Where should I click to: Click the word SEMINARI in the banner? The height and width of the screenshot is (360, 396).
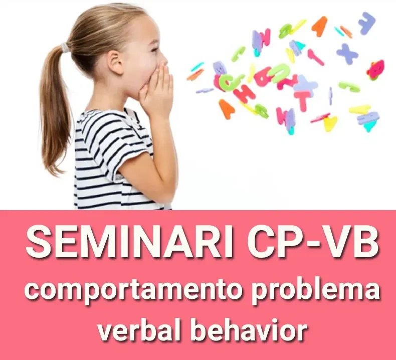(129, 242)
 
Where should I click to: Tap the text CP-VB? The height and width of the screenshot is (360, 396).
(313, 242)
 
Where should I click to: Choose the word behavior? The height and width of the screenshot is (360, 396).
(249, 329)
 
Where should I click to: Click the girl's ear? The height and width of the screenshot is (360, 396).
(115, 61)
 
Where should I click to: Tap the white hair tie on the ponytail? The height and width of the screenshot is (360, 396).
(65, 47)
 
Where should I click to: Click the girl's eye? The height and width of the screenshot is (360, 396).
(154, 50)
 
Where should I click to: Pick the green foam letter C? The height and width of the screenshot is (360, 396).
(229, 82)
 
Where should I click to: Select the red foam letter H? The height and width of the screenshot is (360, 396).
(244, 94)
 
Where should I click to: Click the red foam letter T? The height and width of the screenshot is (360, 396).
(302, 100)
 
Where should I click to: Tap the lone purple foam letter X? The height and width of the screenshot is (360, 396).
(347, 54)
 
